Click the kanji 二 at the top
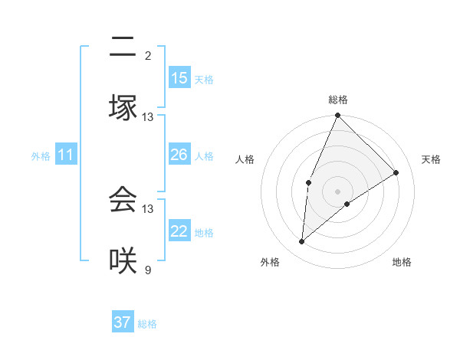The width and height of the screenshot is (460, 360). (x=123, y=47)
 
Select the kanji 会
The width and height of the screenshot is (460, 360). (x=123, y=199)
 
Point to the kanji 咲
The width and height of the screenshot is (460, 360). (x=123, y=260)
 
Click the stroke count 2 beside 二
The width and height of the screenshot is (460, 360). (x=148, y=55)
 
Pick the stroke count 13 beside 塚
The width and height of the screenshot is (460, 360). (x=148, y=117)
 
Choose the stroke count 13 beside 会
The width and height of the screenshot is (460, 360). (x=148, y=208)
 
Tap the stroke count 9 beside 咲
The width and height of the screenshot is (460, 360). (x=148, y=270)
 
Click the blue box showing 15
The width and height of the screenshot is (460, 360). (x=179, y=78)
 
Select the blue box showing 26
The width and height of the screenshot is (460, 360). (x=179, y=155)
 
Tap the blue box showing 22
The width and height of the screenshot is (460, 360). (x=179, y=231)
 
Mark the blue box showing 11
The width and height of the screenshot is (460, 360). (x=66, y=155)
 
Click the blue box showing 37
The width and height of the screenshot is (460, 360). (x=123, y=322)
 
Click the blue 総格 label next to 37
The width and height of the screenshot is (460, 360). (x=147, y=324)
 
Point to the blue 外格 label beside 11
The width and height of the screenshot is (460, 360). (x=41, y=156)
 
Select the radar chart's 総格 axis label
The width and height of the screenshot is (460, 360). (x=337, y=100)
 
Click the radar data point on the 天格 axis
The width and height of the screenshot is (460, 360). (x=396, y=172)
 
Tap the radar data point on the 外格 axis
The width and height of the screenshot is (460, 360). (x=302, y=242)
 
